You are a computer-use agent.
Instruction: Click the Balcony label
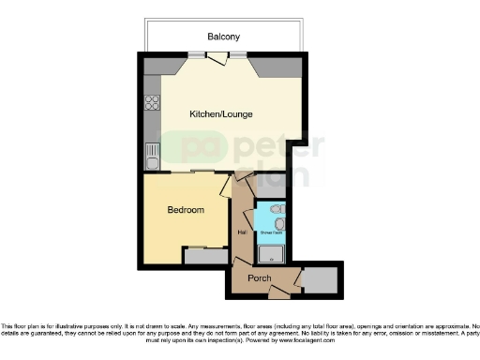[224, 37]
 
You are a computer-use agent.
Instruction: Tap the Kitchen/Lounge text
[220, 113]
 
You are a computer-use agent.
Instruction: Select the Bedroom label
[186, 211]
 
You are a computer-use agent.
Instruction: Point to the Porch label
[259, 278]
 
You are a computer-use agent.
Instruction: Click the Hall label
[242, 232]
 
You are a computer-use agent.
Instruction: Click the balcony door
[217, 59]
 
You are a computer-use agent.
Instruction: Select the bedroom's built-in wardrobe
[202, 255]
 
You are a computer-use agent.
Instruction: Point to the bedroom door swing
[225, 186]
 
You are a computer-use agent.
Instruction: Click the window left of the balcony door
[196, 54]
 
